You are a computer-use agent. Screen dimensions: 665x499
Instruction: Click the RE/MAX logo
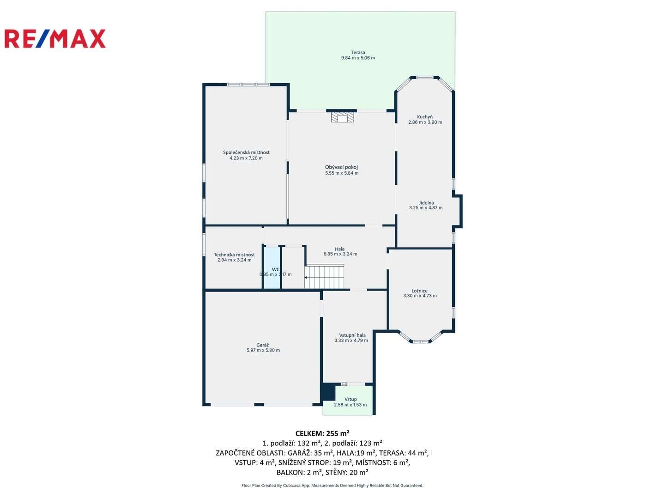(x=55, y=38)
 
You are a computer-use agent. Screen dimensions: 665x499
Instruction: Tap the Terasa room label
(x=358, y=52)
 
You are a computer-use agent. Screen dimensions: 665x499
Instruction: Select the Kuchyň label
(x=424, y=116)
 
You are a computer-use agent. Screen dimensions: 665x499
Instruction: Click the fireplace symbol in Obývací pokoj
(x=342, y=117)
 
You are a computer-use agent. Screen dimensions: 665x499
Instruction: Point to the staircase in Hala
(x=324, y=276)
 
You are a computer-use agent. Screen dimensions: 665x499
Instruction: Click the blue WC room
(x=272, y=268)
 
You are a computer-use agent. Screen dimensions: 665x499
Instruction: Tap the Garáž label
(x=262, y=345)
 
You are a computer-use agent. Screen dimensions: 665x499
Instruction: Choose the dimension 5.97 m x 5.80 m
(x=263, y=350)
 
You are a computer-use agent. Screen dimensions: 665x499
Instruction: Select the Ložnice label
(x=419, y=291)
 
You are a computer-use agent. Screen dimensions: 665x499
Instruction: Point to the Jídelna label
(x=426, y=203)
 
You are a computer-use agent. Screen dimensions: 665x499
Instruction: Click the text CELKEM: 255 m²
(x=322, y=433)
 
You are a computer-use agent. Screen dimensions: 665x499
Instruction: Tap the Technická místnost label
(x=234, y=255)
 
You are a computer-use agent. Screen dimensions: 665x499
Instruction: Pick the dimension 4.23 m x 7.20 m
(x=246, y=158)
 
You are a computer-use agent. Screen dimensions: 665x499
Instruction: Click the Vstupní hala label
(x=352, y=335)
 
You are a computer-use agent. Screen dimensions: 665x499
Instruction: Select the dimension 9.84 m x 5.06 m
(x=358, y=58)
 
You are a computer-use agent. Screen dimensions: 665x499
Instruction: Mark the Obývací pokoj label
(x=341, y=167)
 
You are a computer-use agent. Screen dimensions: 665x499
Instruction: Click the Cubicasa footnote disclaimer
(x=332, y=485)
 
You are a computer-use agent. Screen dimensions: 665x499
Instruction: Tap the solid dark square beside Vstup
(x=328, y=392)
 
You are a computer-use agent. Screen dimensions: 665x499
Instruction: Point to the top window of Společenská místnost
(x=248, y=85)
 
